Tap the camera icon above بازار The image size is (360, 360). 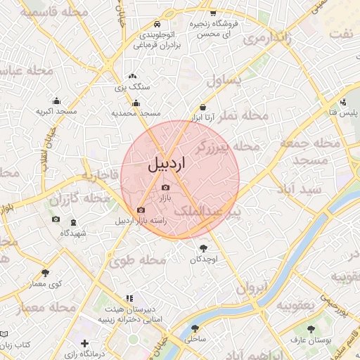click(166, 188)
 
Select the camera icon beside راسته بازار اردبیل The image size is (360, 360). click(141, 210)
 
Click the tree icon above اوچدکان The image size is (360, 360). click(204, 247)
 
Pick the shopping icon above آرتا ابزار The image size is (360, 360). click(204, 107)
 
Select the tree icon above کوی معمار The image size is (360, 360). click(46, 272)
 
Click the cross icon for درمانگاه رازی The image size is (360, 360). click(85, 345)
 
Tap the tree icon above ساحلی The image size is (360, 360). click(194, 328)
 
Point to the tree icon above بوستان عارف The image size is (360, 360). click(311, 329)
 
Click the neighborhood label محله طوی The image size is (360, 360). click(136, 261)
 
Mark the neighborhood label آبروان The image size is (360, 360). click(252, 287)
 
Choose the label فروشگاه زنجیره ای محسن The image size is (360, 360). click(214, 29)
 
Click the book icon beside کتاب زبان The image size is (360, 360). click(4, 334)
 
